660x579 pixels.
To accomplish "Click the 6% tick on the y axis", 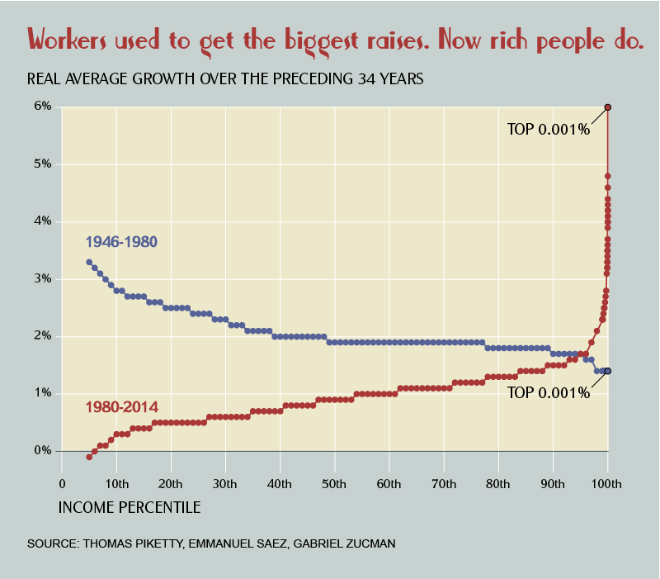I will pyautogui.click(x=43, y=107).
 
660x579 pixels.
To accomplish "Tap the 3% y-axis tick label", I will pyautogui.click(x=43, y=279).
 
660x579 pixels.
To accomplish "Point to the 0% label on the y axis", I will pyautogui.click(x=43, y=451).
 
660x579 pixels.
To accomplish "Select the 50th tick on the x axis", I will pyautogui.click(x=335, y=482).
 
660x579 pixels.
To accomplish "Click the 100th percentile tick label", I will pyautogui.click(x=607, y=482).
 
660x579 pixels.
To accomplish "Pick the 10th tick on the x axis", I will pyautogui.click(x=116, y=482).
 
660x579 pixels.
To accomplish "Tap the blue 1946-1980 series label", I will pyautogui.click(x=121, y=242).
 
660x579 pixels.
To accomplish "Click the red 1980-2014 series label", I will pyautogui.click(x=122, y=407).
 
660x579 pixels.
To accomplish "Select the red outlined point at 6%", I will pyautogui.click(x=608, y=107).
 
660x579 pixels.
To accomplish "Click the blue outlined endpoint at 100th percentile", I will pyautogui.click(x=608, y=371).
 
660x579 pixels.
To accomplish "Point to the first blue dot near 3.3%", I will pyautogui.click(x=89, y=262).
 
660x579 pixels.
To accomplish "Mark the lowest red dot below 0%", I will pyautogui.click(x=89, y=457).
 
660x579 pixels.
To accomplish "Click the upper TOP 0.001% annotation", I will pyautogui.click(x=549, y=129).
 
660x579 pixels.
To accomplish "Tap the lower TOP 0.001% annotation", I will pyautogui.click(x=549, y=393).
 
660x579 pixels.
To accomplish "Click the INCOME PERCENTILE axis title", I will pyautogui.click(x=130, y=507).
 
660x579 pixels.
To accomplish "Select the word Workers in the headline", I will pyautogui.click(x=73, y=39).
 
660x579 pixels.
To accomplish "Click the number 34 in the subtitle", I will pyautogui.click(x=367, y=79).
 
